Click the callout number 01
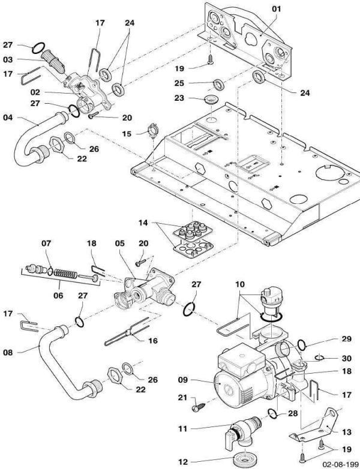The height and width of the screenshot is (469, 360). [x=275, y=9]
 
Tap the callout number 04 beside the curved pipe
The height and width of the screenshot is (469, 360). [x=8, y=118]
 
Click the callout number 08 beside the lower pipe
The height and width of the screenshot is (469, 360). [x=8, y=353]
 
